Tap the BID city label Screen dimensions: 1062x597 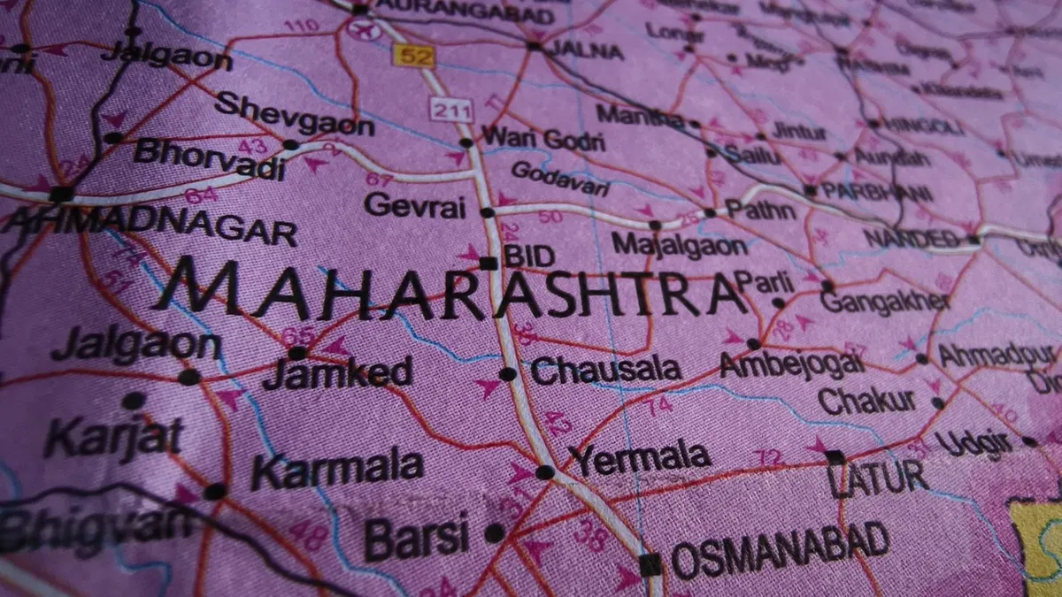click(x=529, y=256)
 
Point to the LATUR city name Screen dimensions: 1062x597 click(x=877, y=478)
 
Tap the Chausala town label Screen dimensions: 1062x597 click(x=605, y=371)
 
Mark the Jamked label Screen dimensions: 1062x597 click(x=337, y=372)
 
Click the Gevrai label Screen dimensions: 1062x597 click(x=414, y=205)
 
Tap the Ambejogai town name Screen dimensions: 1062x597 click(x=791, y=364)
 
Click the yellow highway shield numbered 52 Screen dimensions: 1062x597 click(x=413, y=55)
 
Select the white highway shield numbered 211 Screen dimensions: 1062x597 click(x=452, y=111)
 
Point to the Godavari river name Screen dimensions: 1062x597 click(x=560, y=179)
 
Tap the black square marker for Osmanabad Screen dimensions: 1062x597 click(x=650, y=563)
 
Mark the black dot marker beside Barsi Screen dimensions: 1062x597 click(x=494, y=533)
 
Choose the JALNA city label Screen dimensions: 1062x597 click(x=587, y=50)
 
